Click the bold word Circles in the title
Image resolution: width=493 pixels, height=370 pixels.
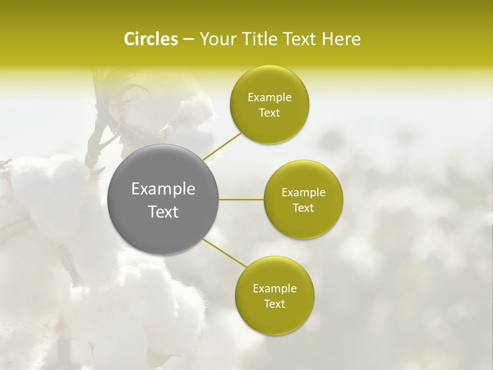[150, 39]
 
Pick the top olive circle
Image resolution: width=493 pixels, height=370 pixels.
[269, 126]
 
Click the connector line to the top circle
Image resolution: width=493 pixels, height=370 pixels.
[222, 146]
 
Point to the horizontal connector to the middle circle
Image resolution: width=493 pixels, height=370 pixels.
[241, 199]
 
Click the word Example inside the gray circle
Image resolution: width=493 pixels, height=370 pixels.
[163, 189]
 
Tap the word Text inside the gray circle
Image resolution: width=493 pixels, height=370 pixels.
[163, 212]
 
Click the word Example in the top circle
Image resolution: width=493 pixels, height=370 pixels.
[269, 98]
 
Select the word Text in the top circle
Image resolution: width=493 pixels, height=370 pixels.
[269, 113]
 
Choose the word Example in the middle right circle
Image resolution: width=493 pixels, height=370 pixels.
[303, 193]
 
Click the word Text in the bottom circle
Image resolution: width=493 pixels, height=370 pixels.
[274, 304]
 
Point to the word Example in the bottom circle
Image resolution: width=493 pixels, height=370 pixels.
[274, 289]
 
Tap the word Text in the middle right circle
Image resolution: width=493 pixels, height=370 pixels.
[303, 208]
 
